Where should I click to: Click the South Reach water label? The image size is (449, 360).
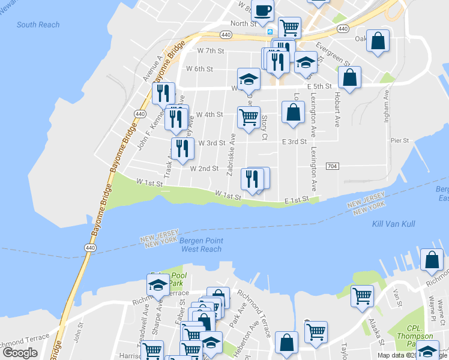coord(38,25)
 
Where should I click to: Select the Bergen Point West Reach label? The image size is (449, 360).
coord(201,245)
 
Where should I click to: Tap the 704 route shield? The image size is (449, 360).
coord(333,166)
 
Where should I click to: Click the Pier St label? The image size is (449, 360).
coord(399,140)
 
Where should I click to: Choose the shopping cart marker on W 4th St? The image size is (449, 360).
coord(249,116)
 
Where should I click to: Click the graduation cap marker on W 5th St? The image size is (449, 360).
coord(249,79)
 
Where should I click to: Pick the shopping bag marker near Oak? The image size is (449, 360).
coord(378,41)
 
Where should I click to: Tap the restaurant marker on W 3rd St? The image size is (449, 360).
coord(182,148)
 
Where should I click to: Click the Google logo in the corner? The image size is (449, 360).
coord(20,353)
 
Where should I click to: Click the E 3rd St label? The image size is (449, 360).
coord(294,142)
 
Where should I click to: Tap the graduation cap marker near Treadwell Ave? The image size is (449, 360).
coord(158,284)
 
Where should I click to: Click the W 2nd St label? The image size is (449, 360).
coord(204,169)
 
